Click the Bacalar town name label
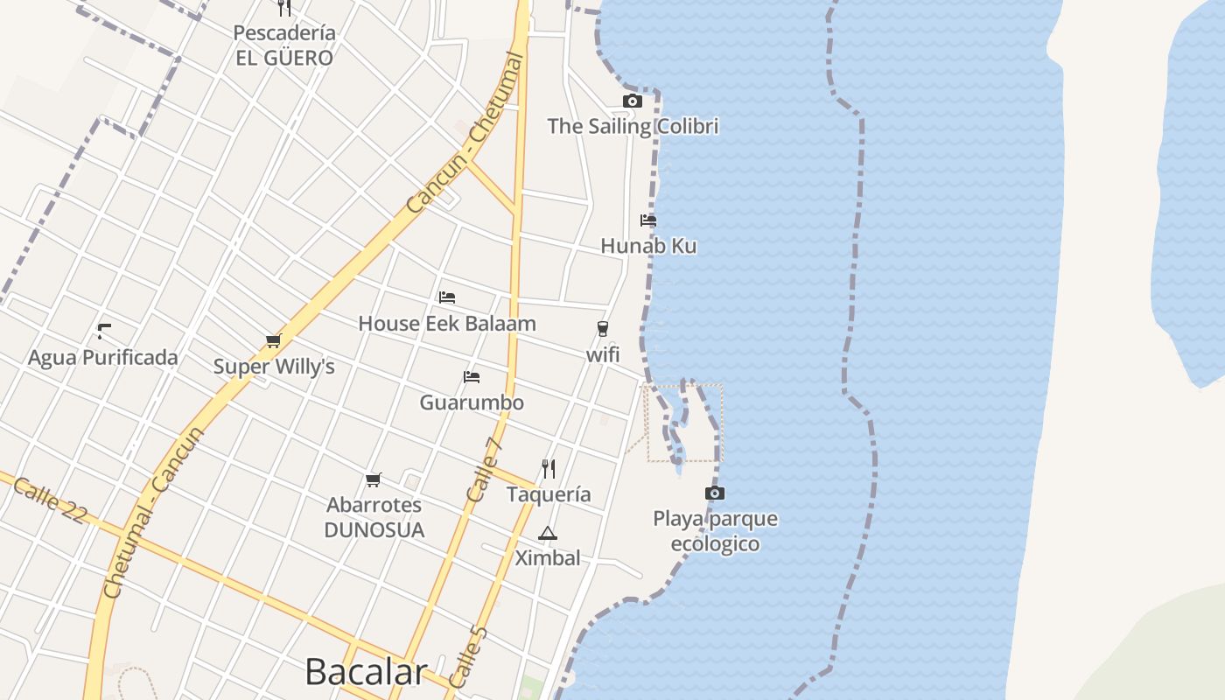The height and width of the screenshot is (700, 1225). click(366, 672)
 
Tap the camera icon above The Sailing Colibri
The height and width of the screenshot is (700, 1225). click(632, 101)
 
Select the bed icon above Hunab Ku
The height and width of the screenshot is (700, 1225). click(648, 220)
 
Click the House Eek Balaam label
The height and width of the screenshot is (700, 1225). click(447, 324)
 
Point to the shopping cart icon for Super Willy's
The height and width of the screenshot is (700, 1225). click(274, 341)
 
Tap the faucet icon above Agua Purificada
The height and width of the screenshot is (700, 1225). click(104, 332)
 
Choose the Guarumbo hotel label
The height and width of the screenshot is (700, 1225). click(472, 402)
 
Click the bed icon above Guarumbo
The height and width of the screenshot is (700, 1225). click(472, 377)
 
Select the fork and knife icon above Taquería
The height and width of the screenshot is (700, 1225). click(549, 469)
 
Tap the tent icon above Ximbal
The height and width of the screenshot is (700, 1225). click(548, 533)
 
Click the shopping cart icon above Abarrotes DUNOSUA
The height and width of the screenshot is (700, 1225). click(374, 479)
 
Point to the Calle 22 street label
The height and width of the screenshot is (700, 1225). click(50, 500)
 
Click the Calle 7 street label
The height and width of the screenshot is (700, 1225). click(485, 470)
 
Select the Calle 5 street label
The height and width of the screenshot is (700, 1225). click(466, 657)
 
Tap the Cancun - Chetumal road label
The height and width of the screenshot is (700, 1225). click(465, 132)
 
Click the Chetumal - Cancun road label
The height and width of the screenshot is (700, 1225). click(153, 513)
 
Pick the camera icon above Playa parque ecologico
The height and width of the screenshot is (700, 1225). click(715, 493)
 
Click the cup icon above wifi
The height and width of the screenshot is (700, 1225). click(602, 329)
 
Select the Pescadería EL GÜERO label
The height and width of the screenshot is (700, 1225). click(284, 45)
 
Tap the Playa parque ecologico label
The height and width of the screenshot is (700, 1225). click(715, 531)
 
